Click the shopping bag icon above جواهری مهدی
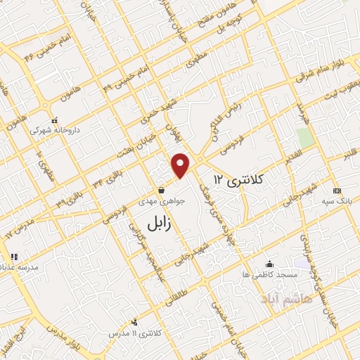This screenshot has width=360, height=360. (162, 189)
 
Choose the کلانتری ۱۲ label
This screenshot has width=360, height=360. (236, 181)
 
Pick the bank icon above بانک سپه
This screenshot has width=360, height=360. (336, 191)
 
